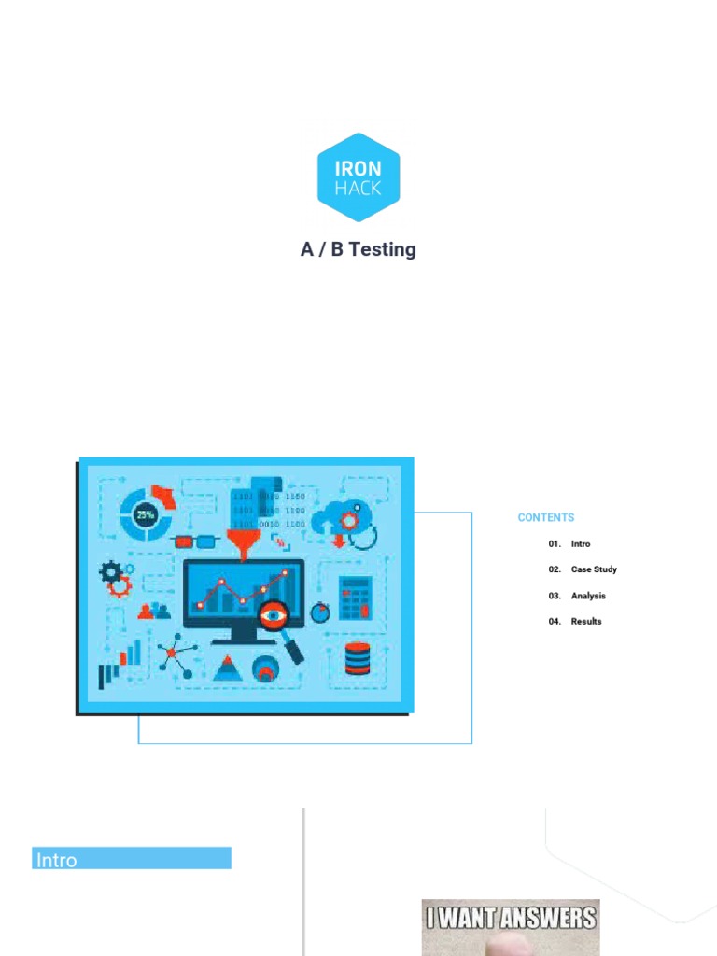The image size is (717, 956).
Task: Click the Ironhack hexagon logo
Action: click(358, 177)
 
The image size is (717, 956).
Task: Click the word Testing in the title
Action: click(381, 250)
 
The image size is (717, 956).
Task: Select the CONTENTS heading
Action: click(546, 517)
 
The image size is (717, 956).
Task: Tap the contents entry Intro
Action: click(581, 543)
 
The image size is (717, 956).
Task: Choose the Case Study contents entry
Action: click(594, 569)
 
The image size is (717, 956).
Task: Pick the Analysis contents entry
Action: click(588, 596)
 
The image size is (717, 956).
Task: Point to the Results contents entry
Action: click(586, 622)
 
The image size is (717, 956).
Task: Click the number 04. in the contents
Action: click(555, 622)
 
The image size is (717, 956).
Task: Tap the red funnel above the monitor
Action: click(245, 541)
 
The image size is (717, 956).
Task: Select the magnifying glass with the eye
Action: click(278, 622)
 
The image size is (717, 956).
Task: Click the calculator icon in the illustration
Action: click(356, 597)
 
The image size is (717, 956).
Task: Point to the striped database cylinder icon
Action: click(358, 659)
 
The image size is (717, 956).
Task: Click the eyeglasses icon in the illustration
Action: click(195, 540)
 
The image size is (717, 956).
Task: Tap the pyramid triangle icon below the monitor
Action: click(226, 668)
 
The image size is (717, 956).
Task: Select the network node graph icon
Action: click(175, 655)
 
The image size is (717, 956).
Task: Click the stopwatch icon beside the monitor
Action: click(320, 612)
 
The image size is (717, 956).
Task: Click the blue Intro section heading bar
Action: click(132, 859)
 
